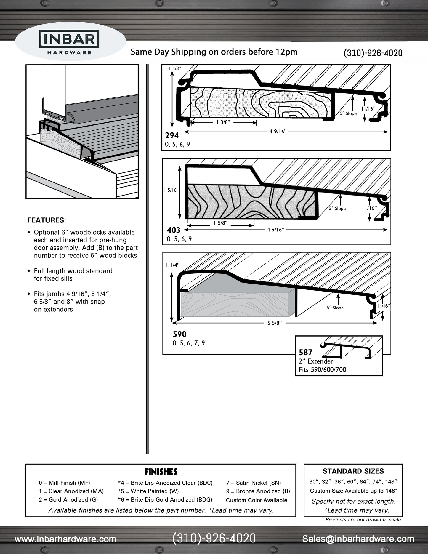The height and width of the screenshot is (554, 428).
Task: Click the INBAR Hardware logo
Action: point(69,43)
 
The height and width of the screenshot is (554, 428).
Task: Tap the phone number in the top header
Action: point(373,53)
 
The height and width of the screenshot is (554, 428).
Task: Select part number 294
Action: point(172,136)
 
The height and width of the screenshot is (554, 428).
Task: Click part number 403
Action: point(173,230)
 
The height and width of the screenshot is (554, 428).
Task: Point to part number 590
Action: point(179,334)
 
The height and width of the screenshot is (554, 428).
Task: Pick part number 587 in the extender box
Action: point(306,353)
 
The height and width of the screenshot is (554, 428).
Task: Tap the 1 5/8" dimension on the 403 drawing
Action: point(220,223)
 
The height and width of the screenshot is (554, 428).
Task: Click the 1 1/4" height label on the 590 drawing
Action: point(173,265)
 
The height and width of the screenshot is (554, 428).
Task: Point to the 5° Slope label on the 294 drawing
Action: point(348,113)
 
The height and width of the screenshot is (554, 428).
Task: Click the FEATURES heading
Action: point(47,220)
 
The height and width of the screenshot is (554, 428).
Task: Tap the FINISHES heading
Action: point(161,471)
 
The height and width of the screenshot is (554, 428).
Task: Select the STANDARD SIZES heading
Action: point(353,471)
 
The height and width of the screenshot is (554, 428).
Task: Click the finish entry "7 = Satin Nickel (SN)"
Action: point(253,483)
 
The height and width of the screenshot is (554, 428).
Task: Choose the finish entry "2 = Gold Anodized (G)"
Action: point(68,499)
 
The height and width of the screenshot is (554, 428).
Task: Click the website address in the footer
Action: point(65,539)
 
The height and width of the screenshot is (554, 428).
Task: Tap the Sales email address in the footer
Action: point(358,539)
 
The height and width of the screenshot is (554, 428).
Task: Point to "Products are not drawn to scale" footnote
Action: point(364,519)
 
